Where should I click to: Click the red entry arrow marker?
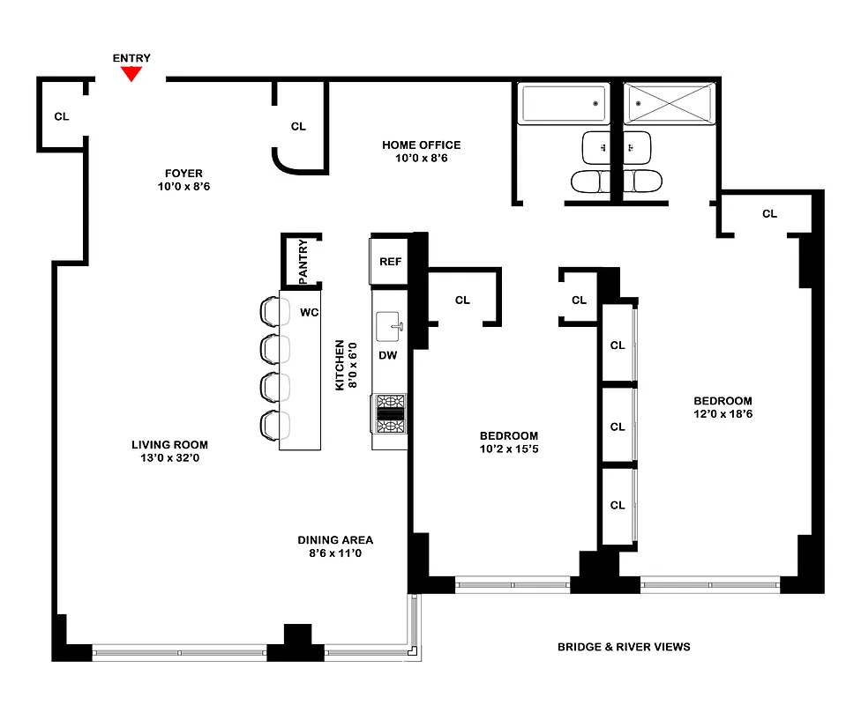(x=131, y=75)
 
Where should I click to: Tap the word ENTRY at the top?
(x=131, y=58)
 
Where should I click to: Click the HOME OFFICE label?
(x=421, y=145)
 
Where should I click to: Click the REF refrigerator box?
(x=390, y=262)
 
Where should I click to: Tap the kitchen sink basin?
(x=388, y=328)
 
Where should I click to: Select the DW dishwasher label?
(x=387, y=355)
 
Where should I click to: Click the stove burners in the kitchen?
(x=390, y=414)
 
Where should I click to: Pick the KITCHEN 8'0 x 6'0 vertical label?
(x=343, y=366)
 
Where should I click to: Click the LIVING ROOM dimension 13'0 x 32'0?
(x=169, y=458)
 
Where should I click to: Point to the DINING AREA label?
(x=334, y=540)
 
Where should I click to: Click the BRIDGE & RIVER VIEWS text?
(x=623, y=647)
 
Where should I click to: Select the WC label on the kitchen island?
(x=309, y=312)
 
